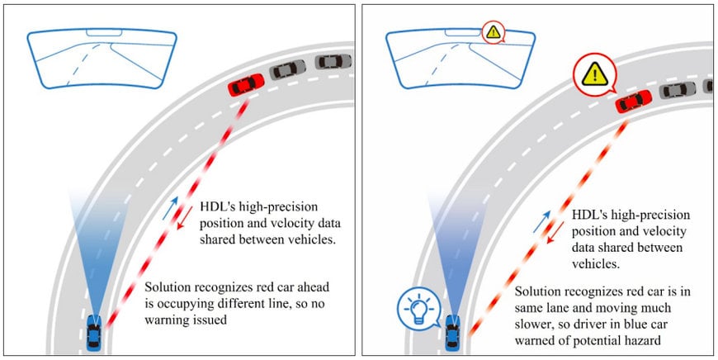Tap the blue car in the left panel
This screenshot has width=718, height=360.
click(95, 334)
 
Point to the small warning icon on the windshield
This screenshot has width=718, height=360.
click(493, 34)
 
